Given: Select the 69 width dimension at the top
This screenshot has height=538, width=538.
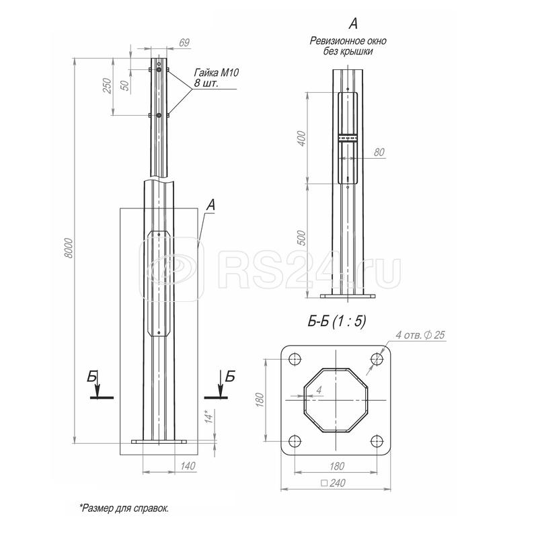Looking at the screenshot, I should pyautogui.click(x=184, y=43).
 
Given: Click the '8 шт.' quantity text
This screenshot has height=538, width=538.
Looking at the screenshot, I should pyautogui.click(x=206, y=83).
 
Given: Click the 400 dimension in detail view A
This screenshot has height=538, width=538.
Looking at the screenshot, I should pyautogui.click(x=302, y=139).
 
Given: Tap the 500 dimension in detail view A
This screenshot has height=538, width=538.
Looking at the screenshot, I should pyautogui.click(x=302, y=237).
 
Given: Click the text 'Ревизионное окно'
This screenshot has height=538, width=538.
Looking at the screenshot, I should pyautogui.click(x=348, y=41).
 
